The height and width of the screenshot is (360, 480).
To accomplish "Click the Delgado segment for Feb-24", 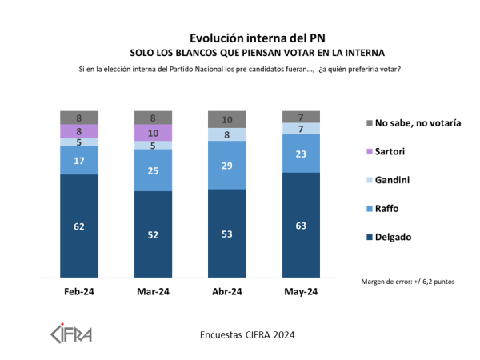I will click(79, 226).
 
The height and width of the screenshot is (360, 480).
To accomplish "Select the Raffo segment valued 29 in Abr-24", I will click(226, 165).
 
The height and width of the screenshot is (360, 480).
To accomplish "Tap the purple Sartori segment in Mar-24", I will click(153, 133).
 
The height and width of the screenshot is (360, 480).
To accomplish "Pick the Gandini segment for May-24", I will click(301, 128).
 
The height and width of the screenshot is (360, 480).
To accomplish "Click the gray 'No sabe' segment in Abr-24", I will click(226, 119).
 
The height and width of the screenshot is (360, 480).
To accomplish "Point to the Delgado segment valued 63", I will click(301, 226).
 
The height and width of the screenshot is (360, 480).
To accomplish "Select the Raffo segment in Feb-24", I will click(79, 160).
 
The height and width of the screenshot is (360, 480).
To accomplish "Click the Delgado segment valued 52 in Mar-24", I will click(153, 234).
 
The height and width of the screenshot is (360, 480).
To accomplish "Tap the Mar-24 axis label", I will click(153, 291).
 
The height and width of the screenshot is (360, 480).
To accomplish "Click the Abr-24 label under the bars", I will click(226, 291).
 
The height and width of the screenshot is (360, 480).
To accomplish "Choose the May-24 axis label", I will click(301, 291).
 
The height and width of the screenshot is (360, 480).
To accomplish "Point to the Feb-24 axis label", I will click(79, 291).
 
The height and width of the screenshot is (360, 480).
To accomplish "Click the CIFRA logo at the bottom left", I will click(72, 331).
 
